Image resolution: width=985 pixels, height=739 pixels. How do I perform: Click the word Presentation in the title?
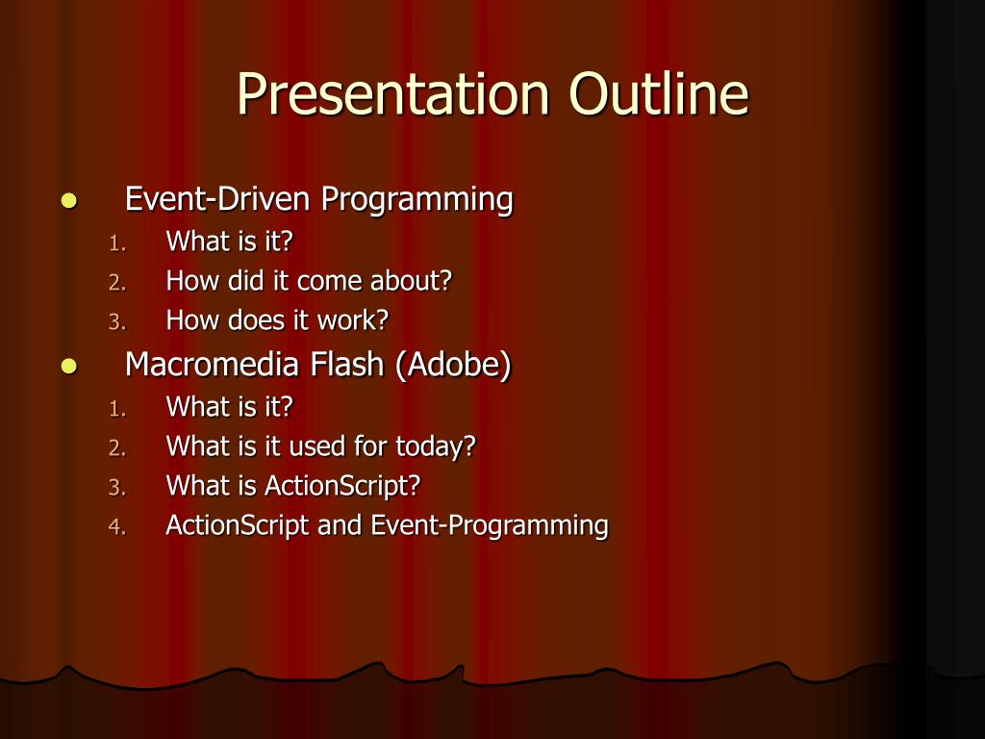point(393,94)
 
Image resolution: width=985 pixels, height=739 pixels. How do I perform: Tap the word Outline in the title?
point(659,93)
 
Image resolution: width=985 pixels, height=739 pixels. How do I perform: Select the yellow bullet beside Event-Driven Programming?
point(69,201)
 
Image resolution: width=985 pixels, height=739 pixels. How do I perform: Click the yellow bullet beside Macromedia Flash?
point(69,366)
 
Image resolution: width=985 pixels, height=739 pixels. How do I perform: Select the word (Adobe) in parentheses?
point(454,365)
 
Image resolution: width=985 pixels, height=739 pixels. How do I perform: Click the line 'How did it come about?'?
point(309,280)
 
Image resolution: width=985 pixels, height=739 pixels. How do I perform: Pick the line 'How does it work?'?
point(277,319)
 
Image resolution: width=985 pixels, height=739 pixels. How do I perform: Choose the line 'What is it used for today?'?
point(320,446)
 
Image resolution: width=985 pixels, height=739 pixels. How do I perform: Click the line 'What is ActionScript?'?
point(292,486)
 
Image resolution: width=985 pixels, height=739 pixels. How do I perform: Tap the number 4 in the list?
point(116,526)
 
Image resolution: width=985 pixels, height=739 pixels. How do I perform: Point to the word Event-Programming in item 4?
point(490,526)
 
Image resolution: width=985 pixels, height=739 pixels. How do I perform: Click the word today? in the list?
point(436,446)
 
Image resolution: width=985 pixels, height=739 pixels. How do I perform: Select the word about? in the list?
point(411,280)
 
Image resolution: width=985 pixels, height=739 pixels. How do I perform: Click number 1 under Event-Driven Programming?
point(116,243)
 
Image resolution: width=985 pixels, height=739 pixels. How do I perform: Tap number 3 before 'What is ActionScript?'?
point(116,488)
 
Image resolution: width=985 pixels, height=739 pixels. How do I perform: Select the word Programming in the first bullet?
point(417,200)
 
